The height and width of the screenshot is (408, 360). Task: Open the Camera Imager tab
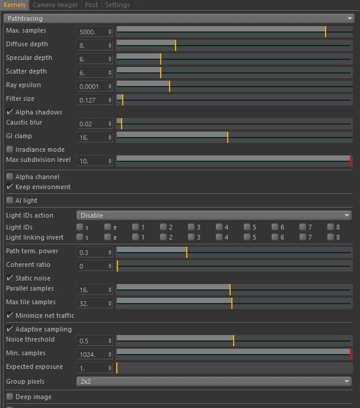coord(55,5)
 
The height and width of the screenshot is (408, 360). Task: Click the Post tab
coord(91,5)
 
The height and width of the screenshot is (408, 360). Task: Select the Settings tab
coord(117,5)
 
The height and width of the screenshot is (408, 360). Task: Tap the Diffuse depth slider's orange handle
coord(176,45)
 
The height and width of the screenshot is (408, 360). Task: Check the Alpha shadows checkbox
coord(9,112)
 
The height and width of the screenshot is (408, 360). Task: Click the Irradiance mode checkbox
coord(9,149)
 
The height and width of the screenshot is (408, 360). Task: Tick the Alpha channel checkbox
coord(9,177)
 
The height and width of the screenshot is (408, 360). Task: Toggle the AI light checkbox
coord(9,200)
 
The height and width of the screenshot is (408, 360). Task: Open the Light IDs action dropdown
coord(214,215)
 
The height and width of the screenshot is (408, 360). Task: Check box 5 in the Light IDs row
coord(247,227)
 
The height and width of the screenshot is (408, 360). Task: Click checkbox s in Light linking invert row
coord(79,237)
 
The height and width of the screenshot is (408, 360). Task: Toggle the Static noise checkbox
coord(9,278)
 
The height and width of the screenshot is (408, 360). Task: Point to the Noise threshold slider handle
coord(234,341)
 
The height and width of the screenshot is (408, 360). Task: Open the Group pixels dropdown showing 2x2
coord(214,381)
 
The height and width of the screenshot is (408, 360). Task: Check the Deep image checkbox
coord(9,397)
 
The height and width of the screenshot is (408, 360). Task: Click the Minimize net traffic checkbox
coord(9,315)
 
